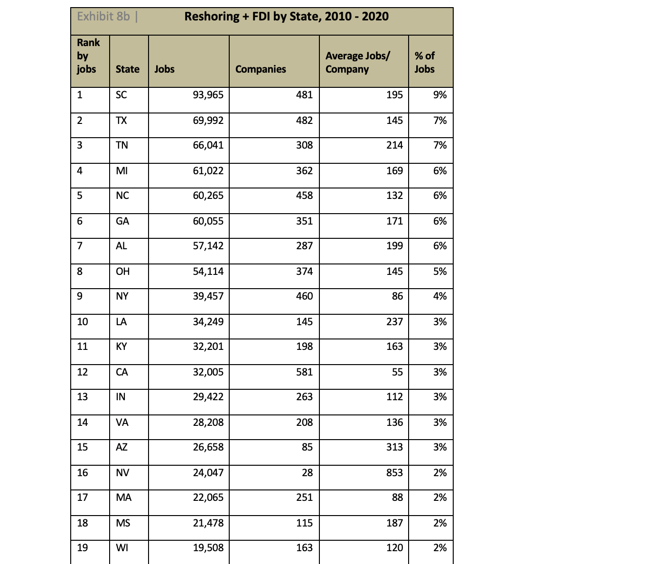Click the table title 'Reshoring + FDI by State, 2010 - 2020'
[286, 17]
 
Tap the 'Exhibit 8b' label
[103, 17]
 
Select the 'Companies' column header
[261, 69]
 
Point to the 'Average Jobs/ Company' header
[357, 62]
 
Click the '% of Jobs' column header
[425, 62]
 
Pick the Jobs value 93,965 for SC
[208, 94]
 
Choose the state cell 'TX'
[121, 120]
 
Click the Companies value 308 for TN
[304, 145]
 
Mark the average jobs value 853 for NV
[394, 472]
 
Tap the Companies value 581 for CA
[304, 372]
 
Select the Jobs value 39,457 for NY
[208, 296]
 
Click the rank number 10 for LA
[83, 321]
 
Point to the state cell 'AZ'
[121, 447]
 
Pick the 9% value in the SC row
[440, 94]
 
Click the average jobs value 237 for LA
[394, 321]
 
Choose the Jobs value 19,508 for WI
[208, 547]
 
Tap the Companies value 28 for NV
[307, 472]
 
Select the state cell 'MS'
[123, 523]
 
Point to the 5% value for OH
[440, 271]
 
